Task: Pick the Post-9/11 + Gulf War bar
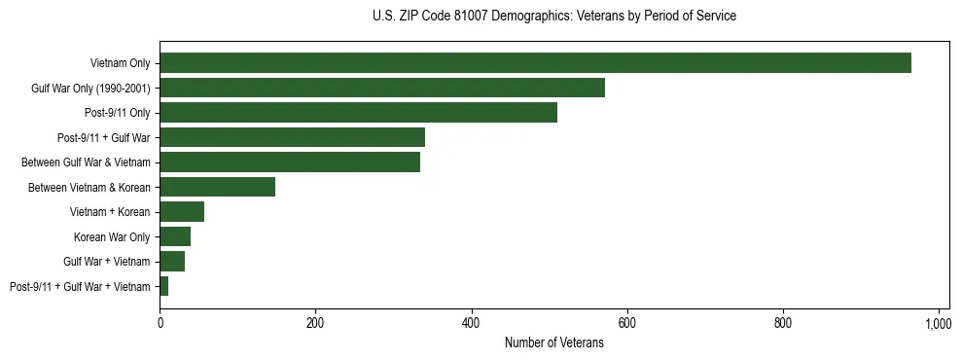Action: click(x=292, y=137)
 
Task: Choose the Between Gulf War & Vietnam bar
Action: click(x=290, y=162)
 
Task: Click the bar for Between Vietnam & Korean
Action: click(x=218, y=187)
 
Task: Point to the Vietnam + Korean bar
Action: click(x=182, y=212)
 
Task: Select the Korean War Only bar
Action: click(x=175, y=236)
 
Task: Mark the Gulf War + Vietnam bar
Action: click(x=172, y=262)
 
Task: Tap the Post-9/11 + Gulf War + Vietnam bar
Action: click(x=164, y=286)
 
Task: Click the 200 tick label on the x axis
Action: click(x=315, y=323)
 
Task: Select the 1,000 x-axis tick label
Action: click(x=938, y=323)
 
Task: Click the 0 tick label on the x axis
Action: click(x=160, y=323)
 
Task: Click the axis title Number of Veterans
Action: click(x=554, y=343)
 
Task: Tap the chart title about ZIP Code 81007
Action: click(x=554, y=17)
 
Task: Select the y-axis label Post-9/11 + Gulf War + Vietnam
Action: click(x=80, y=287)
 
